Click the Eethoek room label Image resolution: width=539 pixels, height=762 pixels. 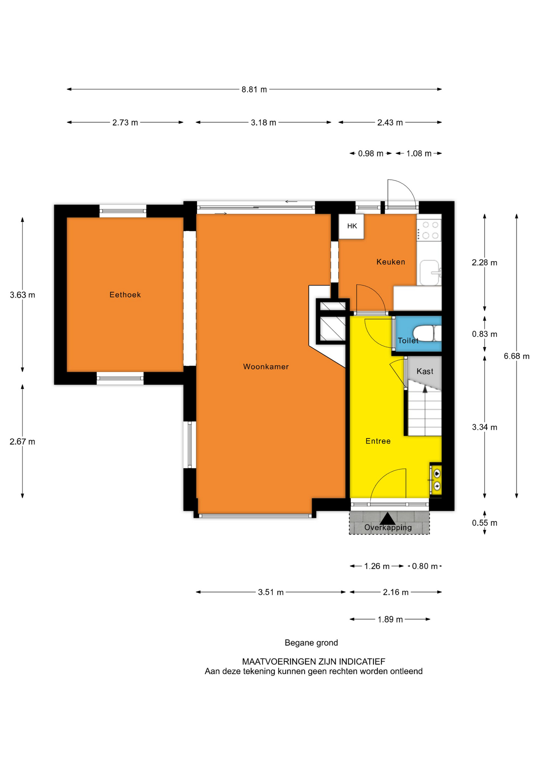125,294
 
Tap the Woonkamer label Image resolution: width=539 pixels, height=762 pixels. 266,367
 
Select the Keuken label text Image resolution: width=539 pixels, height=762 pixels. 391,262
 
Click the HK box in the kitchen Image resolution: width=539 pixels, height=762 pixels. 352,226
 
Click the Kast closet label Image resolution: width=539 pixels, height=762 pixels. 425,371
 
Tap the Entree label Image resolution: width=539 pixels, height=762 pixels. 378,441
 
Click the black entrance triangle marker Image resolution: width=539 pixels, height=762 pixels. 388,518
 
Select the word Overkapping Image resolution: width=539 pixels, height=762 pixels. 388,527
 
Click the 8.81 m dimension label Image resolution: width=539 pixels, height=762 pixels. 254,90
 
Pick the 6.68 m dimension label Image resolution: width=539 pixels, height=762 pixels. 517,356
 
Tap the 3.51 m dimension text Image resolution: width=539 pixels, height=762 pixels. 271,593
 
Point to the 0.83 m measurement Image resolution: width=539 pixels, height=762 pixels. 485,334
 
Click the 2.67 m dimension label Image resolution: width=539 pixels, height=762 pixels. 23,442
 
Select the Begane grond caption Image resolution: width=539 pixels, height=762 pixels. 311,643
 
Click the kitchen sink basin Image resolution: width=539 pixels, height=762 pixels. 429,273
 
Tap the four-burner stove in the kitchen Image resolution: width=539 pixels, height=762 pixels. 429,230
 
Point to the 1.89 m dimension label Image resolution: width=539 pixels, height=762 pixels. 390,620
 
